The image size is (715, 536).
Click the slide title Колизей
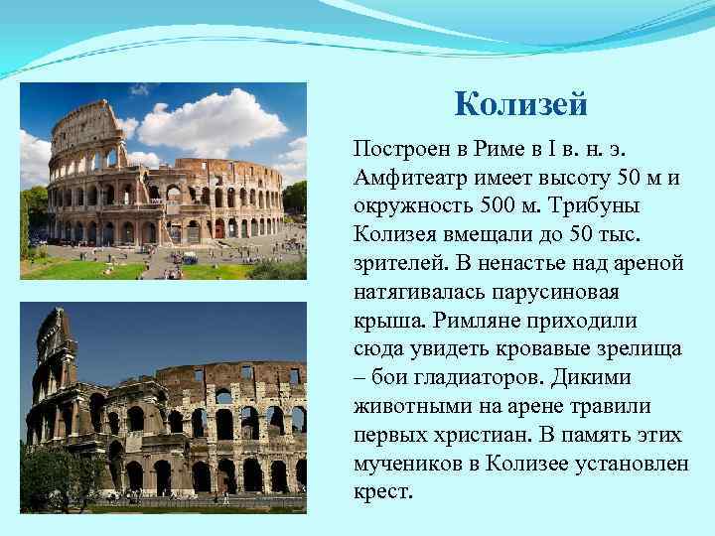[521, 103]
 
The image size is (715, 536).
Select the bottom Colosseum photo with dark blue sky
[163, 407]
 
